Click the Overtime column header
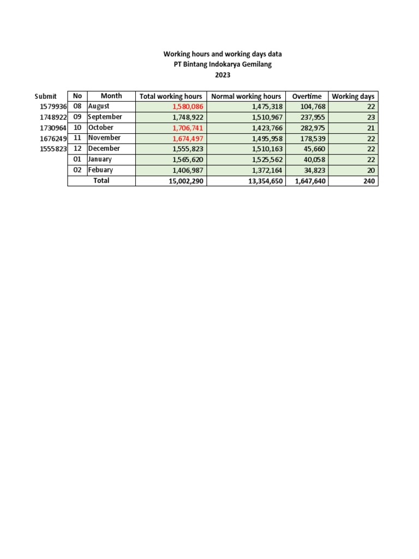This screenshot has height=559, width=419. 307,96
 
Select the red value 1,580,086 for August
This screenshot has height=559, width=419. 187,106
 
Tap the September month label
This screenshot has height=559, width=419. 105,117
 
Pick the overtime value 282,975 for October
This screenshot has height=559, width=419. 310,128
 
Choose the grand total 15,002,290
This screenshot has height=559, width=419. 186,181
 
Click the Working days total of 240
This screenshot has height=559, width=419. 369,181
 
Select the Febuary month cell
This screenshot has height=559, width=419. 101,170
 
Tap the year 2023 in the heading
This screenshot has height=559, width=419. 223,75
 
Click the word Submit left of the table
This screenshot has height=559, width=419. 45,96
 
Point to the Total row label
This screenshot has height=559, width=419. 101,180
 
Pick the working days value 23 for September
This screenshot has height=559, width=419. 370,117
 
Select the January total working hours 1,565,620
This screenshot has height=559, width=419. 187,159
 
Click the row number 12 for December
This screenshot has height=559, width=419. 77,148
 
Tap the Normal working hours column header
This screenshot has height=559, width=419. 246,96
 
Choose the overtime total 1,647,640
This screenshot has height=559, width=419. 310,181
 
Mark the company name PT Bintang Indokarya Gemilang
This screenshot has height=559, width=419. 223,64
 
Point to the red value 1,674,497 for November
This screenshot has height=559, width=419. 187,138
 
